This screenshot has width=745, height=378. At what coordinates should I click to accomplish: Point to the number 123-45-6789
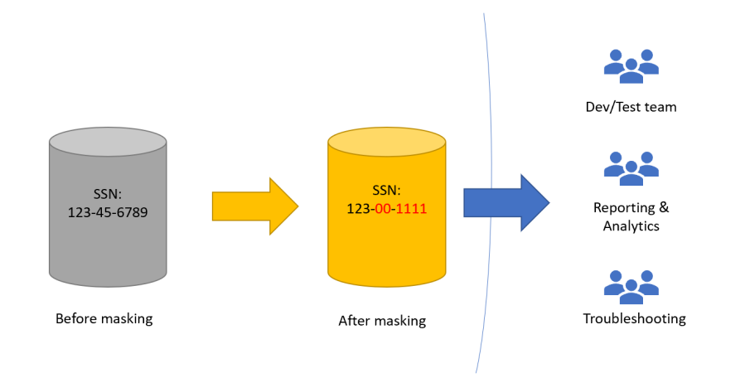click(108, 211)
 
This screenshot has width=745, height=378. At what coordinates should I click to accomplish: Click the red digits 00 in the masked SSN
click(383, 209)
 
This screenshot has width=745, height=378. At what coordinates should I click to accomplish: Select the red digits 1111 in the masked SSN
click(411, 209)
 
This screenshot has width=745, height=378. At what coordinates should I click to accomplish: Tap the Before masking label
click(104, 318)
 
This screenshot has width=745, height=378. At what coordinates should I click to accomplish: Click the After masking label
click(382, 320)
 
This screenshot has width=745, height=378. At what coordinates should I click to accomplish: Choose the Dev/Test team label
click(631, 106)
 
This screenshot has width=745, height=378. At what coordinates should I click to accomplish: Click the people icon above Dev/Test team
click(631, 66)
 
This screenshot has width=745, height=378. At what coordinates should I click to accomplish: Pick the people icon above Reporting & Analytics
click(631, 167)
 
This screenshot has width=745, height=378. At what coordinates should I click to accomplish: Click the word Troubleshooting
click(634, 318)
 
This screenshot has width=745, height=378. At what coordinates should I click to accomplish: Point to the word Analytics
click(631, 225)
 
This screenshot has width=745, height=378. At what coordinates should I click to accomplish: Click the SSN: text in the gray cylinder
click(108, 194)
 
